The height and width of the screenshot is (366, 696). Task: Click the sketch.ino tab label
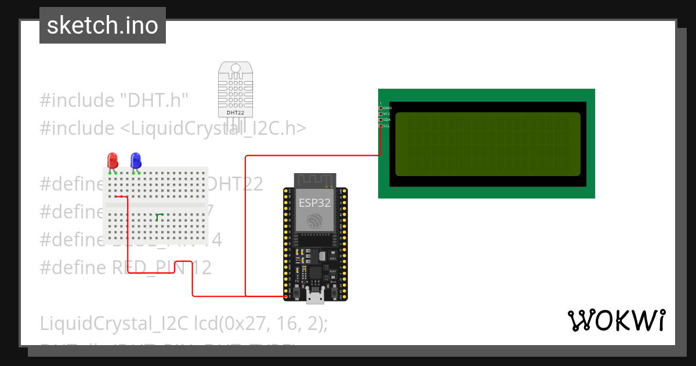pos(103,26)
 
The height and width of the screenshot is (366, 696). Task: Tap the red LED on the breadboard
pos(113,160)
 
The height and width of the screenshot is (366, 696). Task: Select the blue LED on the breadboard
pos(136,160)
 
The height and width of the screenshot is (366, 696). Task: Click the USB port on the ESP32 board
pos(315,297)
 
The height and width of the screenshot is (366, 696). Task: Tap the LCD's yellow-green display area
pos(487,144)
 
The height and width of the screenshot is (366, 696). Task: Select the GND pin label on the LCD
pos(387,108)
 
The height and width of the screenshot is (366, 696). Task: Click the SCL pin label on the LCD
pos(386,126)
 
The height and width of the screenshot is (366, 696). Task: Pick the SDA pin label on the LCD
pos(386,120)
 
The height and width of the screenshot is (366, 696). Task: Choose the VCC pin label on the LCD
pos(386,114)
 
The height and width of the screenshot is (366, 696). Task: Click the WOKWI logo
pos(616,321)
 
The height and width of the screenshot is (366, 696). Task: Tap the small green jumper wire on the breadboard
pos(158,216)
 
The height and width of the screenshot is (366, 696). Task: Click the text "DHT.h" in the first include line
pos(154,101)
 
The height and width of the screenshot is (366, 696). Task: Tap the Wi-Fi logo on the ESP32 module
pos(314,220)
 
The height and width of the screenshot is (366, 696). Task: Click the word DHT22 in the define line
pos(235,184)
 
